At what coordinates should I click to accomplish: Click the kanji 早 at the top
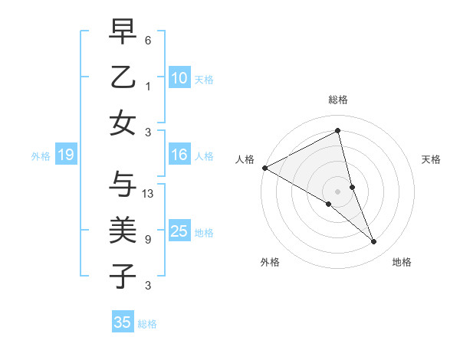[123, 32]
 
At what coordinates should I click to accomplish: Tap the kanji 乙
[123, 77]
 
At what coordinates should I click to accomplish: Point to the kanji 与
[123, 184]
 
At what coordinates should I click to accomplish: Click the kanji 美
[123, 230]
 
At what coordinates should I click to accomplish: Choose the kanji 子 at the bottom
[123, 275]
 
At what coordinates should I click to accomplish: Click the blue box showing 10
[179, 77]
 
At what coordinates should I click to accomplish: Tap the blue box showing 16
[179, 155]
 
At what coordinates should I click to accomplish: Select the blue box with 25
[179, 231]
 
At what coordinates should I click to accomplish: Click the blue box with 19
[65, 155]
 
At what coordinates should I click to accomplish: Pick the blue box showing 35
[123, 322]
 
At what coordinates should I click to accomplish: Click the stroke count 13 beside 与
[149, 193]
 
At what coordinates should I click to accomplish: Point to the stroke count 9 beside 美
[148, 239]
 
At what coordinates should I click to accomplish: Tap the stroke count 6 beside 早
[148, 40]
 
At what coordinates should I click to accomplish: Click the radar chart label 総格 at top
[338, 100]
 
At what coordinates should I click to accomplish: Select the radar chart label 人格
[245, 159]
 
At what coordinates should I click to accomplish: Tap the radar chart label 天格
[431, 159]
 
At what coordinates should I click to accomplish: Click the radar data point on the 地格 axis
[374, 241]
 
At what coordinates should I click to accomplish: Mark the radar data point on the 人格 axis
[264, 167]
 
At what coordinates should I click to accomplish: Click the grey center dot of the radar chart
[337, 191]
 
